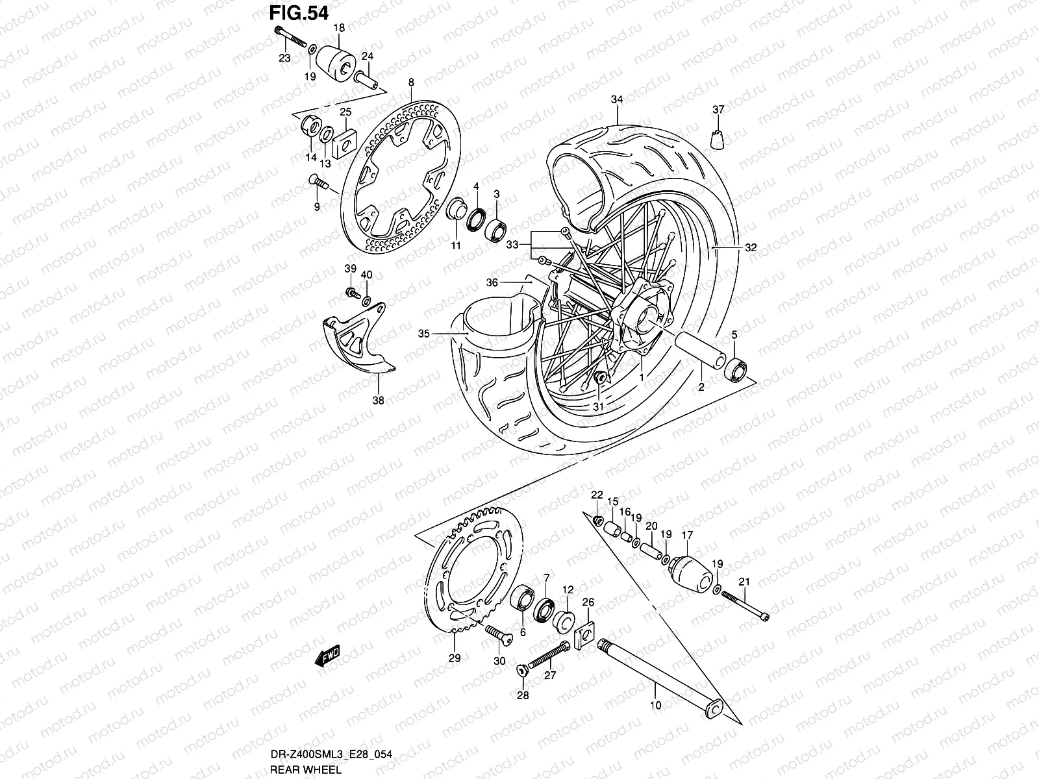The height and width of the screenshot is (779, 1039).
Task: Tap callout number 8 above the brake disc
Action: (410, 82)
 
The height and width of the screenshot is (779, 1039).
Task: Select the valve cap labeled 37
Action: (718, 140)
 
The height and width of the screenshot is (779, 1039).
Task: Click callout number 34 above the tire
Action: (616, 99)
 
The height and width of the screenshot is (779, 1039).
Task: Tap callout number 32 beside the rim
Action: (751, 248)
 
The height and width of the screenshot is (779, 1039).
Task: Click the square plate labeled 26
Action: (588, 630)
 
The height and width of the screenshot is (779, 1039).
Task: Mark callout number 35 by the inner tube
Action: (423, 334)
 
